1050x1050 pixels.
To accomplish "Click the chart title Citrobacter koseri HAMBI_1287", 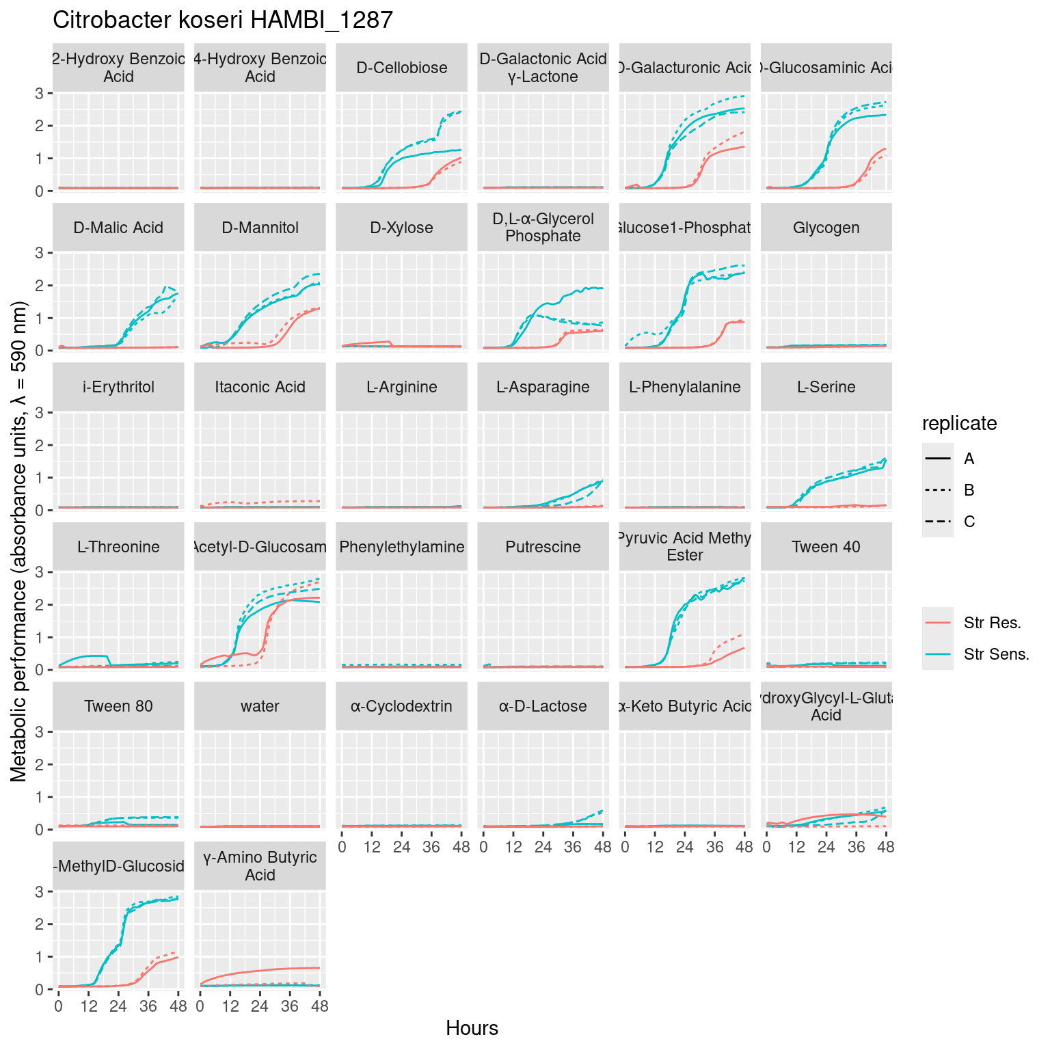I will point(223,21).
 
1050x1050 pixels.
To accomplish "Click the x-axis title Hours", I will point(472,1028).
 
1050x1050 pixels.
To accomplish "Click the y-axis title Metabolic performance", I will point(18,541).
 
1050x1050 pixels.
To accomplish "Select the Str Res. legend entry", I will point(992,623).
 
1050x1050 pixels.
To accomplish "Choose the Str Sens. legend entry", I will point(996,654).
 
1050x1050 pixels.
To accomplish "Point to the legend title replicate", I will point(959,424).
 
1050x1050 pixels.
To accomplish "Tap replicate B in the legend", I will point(969,490).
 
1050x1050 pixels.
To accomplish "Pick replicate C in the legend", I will point(969,522).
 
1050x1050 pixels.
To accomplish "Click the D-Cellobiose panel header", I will point(401,68).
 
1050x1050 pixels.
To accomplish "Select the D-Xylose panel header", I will point(401,228).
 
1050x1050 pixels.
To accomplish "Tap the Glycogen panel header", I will point(826,228).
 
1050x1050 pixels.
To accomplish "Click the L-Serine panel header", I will point(826,387).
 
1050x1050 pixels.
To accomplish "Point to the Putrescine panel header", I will point(543,547).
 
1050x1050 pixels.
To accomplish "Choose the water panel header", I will point(260,706).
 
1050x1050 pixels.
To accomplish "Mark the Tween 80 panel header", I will point(118,706).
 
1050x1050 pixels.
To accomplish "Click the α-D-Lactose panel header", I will point(543,706).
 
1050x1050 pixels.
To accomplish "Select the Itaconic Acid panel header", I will point(260,387).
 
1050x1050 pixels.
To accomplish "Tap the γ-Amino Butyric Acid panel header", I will point(260,866).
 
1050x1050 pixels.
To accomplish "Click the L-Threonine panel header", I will point(118,547).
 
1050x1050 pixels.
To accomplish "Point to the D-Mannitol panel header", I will point(260,228).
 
